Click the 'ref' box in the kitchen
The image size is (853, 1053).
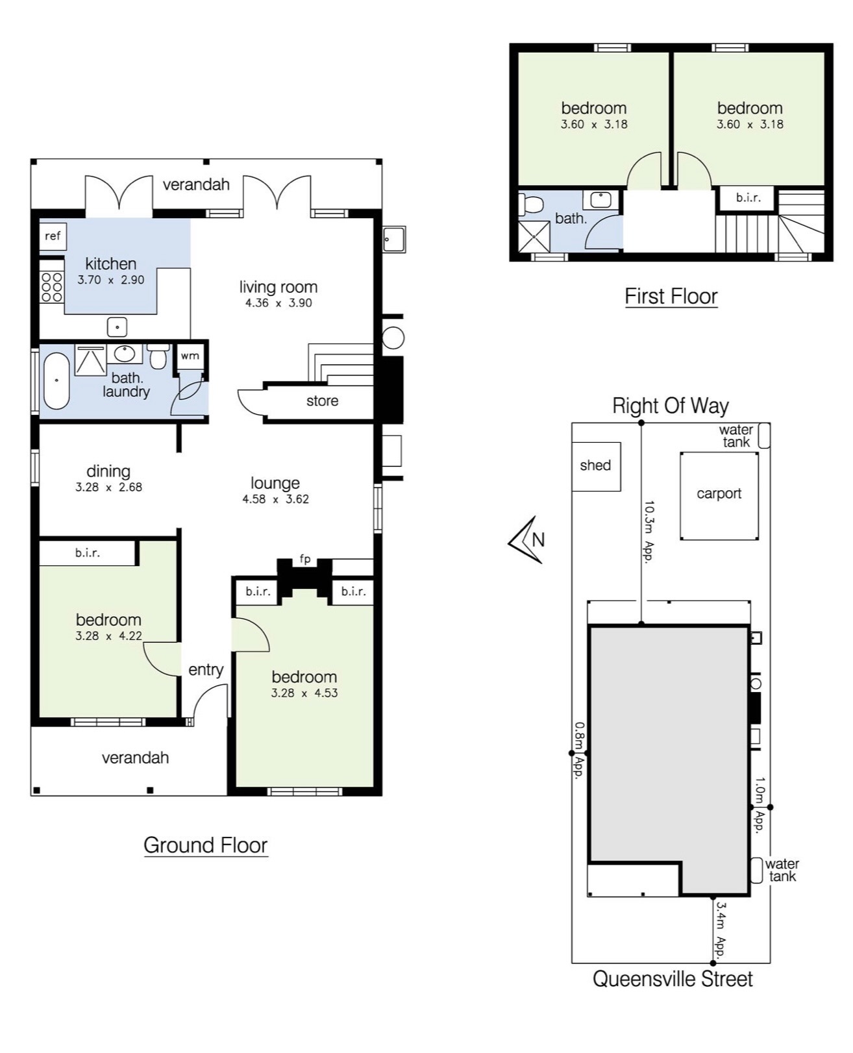[53, 236]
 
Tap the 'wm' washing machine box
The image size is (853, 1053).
[190, 356]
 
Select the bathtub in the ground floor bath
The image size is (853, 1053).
[56, 381]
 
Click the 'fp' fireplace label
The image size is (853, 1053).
[305, 559]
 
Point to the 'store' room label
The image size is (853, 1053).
[322, 401]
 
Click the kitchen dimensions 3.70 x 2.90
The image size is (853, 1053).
[110, 280]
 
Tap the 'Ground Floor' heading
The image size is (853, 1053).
[205, 845]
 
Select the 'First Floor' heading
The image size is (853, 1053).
[671, 297]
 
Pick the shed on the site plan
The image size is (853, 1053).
[596, 466]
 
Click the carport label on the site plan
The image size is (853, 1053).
[719, 493]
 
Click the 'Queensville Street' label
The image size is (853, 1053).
[673, 979]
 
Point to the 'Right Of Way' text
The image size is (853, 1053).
[670, 406]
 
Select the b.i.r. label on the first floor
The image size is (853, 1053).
[748, 198]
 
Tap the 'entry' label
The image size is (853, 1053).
[206, 670]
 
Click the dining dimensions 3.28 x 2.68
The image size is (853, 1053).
[108, 488]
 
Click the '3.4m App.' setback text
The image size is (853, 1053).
[721, 930]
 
